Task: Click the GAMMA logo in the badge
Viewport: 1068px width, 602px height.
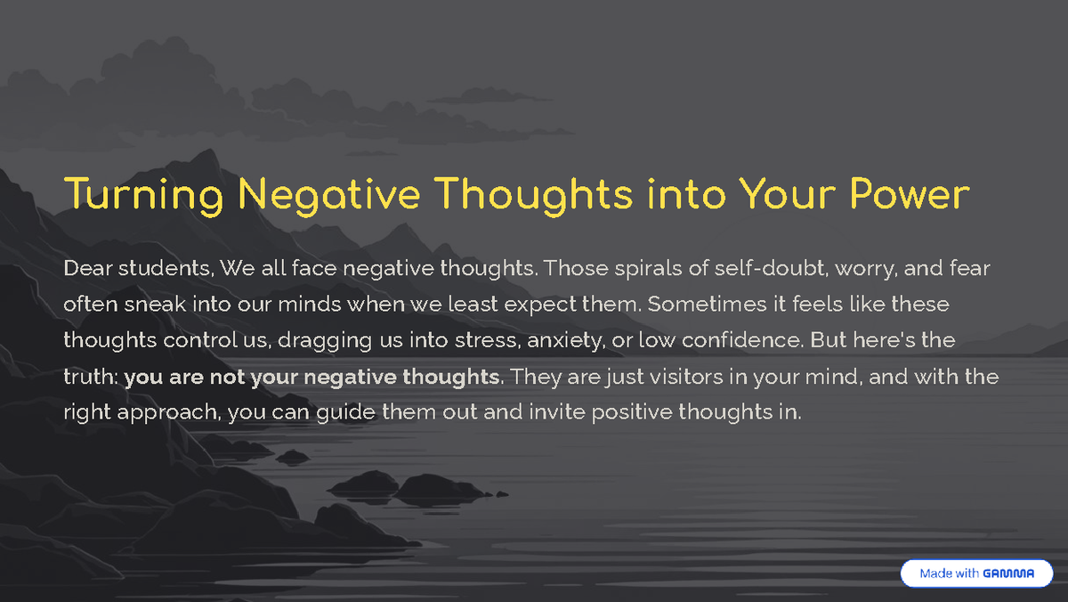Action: (x=1008, y=574)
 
